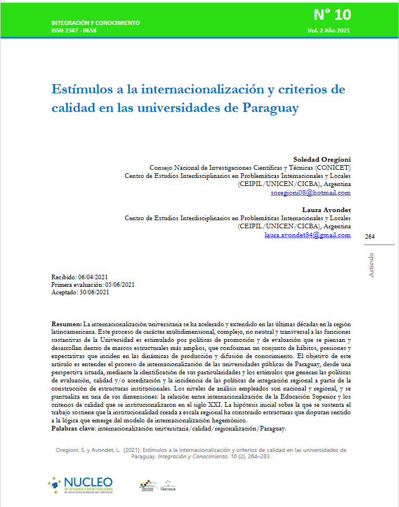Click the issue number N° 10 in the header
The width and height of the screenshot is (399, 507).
(x=332, y=14)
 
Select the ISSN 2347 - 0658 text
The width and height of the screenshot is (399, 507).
(x=74, y=30)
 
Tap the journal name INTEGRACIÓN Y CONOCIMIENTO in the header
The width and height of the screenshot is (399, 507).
(x=95, y=23)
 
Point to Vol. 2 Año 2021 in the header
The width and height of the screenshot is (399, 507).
(x=329, y=30)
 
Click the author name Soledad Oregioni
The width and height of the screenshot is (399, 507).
(x=322, y=159)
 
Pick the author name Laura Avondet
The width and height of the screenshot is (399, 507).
(x=327, y=209)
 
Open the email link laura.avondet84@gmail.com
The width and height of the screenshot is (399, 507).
(x=307, y=235)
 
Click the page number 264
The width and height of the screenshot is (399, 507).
(x=370, y=236)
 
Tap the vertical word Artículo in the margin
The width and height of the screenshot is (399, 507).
(x=371, y=265)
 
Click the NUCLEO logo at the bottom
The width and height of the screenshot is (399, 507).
(x=81, y=484)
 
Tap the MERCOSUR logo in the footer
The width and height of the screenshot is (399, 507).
(x=168, y=484)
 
